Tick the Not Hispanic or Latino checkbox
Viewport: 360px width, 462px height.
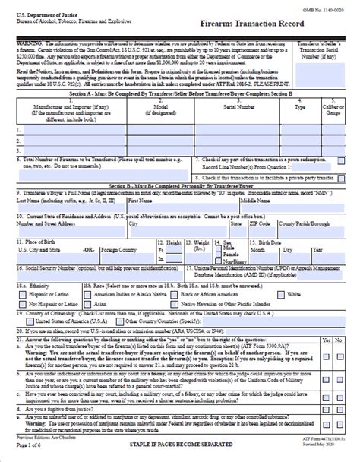pyautogui.click(x=21, y=302)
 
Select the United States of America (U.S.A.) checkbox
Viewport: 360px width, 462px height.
pyautogui.click(x=21, y=321)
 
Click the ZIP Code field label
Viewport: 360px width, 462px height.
pyautogui.click(x=263, y=224)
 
